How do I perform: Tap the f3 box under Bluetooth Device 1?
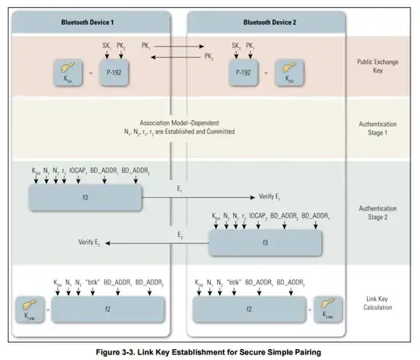[x=86, y=198]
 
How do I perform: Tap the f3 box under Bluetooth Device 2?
[x=265, y=242]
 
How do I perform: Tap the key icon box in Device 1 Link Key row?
[x=29, y=309]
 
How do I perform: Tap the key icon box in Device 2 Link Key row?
[x=329, y=309]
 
